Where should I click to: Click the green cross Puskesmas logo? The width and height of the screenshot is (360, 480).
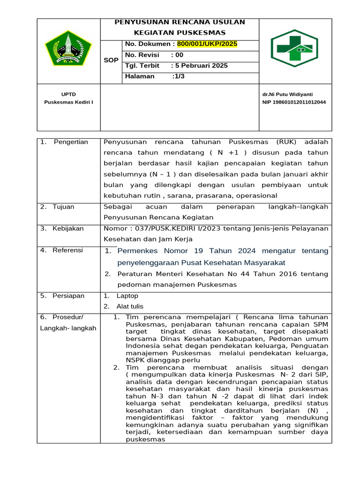pos(295,49)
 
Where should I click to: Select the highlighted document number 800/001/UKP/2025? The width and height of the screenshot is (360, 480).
pos(207,44)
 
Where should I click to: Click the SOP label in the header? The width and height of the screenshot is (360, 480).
pos(111,60)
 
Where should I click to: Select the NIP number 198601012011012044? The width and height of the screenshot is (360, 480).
pos(294,102)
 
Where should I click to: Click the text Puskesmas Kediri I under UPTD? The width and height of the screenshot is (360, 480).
pos(68,102)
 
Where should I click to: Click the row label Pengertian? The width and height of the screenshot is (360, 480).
pos(71,142)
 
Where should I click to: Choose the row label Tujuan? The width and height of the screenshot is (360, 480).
pos(63,207)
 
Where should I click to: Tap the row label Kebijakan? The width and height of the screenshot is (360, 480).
pos(68,228)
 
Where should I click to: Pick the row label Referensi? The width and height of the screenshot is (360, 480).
pos(67,250)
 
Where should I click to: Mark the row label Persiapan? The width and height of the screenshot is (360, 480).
pos(68,296)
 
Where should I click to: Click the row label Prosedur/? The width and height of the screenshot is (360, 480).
pos(67,317)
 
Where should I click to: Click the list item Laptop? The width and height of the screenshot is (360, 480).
pos(127,296)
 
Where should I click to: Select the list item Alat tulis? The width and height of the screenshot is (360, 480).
pos(130,306)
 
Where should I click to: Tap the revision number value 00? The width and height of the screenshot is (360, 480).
pos(180,55)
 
